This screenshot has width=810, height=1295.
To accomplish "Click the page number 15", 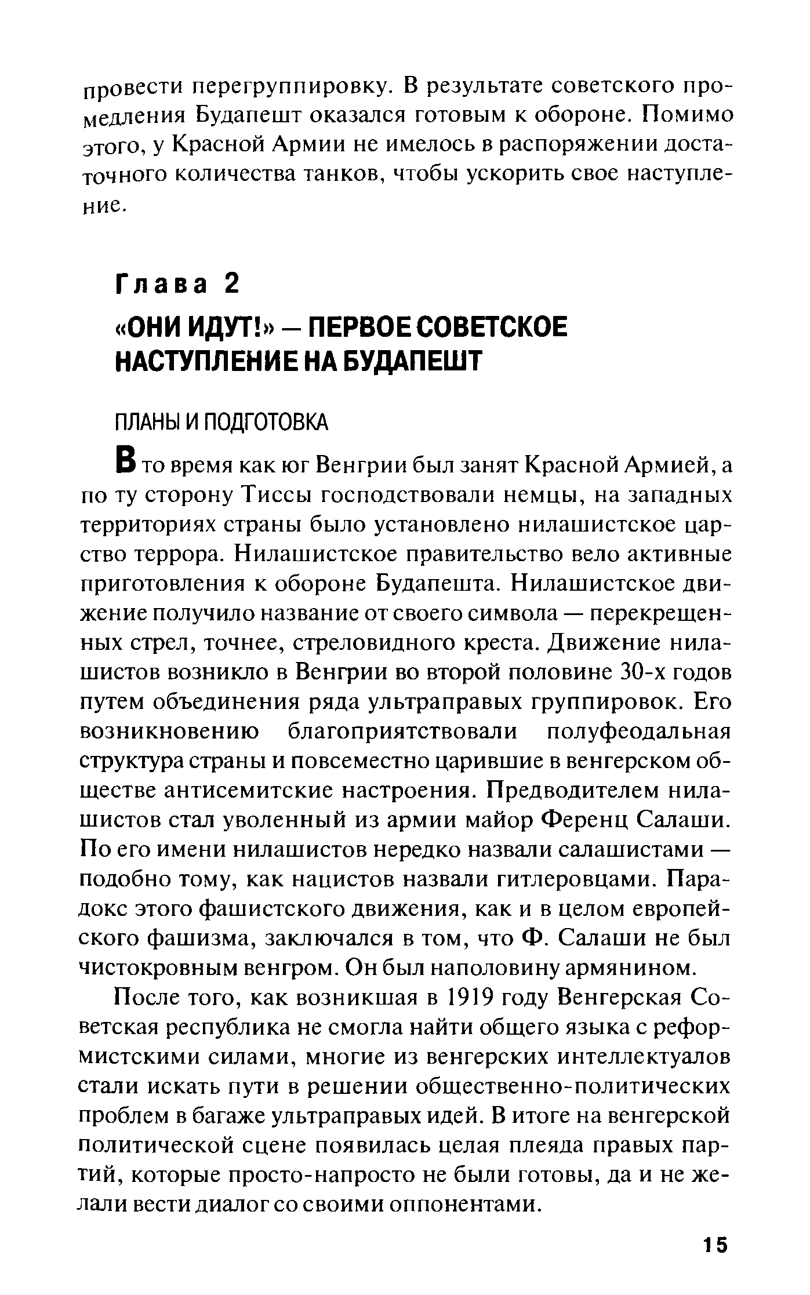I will pyautogui.click(x=714, y=1245).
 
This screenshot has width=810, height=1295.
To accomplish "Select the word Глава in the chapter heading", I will pyautogui.click(x=162, y=285).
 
